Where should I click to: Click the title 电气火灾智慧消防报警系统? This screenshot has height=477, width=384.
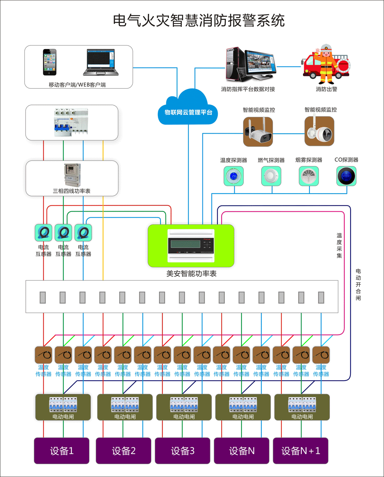click(x=199, y=20)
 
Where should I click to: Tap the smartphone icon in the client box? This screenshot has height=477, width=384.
click(x=50, y=62)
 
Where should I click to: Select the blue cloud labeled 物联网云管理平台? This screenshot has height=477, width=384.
click(x=188, y=109)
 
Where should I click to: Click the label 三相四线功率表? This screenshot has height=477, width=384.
click(x=72, y=191)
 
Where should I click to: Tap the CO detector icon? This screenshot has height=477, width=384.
click(x=346, y=176)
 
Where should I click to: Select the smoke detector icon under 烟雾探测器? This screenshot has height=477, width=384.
click(x=309, y=176)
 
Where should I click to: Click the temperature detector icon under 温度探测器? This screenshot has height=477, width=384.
click(x=233, y=176)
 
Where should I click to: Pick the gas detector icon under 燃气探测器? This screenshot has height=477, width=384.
click(x=271, y=176)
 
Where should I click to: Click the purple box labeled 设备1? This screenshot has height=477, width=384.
click(x=62, y=450)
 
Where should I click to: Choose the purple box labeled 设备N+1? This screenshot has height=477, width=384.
click(x=301, y=450)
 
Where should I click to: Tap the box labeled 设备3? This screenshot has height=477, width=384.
click(x=183, y=450)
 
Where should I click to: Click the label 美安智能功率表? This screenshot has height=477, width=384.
click(x=191, y=273)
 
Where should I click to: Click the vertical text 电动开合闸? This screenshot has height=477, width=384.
click(x=358, y=285)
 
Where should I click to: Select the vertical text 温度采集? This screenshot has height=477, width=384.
click(x=339, y=245)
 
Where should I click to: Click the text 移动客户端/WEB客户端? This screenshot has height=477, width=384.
click(x=77, y=84)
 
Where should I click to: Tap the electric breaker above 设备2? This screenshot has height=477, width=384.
click(x=125, y=407)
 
